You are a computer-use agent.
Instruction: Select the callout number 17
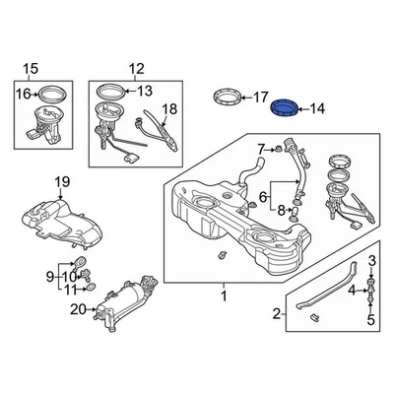(x=260, y=98)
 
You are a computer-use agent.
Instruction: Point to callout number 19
(x=61, y=181)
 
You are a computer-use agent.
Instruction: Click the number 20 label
(x=78, y=309)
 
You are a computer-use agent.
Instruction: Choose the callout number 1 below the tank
(x=223, y=295)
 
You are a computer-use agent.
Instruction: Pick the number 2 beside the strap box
(x=277, y=314)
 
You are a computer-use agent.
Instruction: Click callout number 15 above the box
(x=29, y=68)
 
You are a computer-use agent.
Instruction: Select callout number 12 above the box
(x=135, y=68)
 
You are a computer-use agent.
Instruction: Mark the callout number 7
(x=260, y=150)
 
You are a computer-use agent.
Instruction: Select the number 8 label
(x=282, y=210)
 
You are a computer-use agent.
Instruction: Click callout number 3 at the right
(x=372, y=260)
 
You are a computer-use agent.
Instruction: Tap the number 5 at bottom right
(x=372, y=319)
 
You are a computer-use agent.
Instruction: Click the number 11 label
(x=69, y=291)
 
